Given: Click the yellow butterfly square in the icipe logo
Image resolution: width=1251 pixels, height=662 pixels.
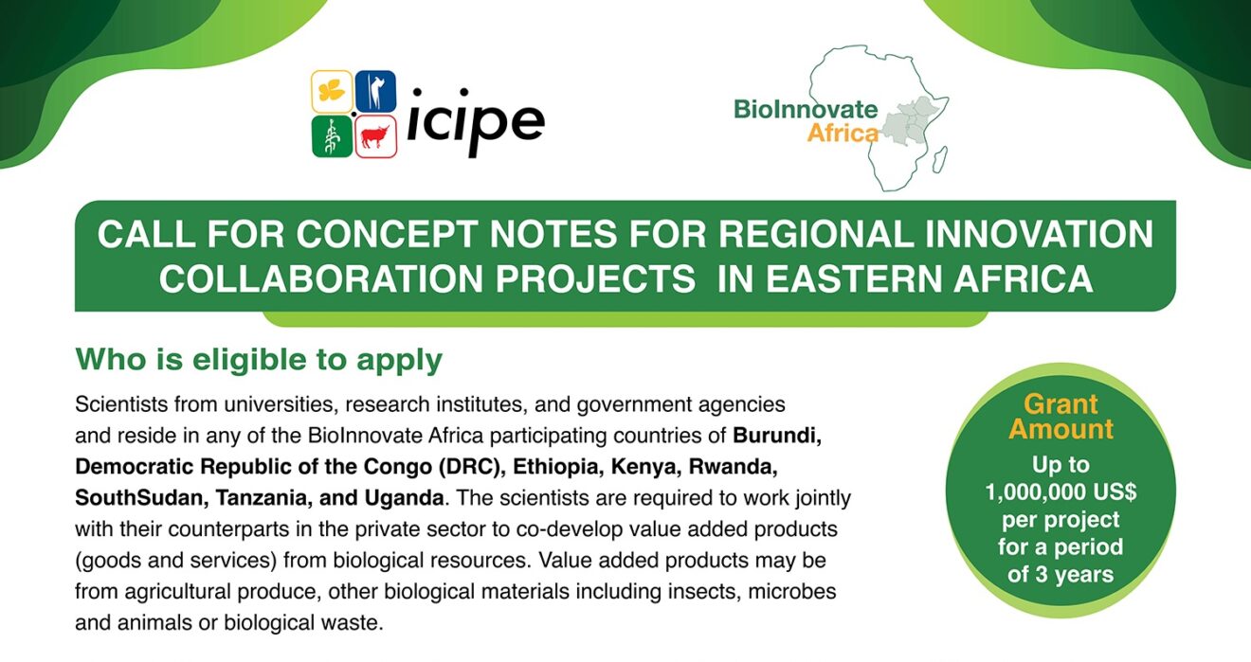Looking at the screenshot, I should [332, 91].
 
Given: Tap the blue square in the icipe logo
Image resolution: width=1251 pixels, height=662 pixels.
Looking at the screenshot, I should [375, 91].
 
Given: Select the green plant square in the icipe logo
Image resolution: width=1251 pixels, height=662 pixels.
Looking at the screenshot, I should [332, 136].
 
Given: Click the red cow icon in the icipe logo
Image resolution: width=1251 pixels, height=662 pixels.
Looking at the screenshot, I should [375, 136].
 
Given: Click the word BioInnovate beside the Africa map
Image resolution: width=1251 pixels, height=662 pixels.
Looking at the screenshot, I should [805, 109].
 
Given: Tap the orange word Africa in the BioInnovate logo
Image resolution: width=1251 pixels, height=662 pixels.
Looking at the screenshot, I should [843, 134].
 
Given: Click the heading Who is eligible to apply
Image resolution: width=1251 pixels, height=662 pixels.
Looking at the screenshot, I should [259, 360].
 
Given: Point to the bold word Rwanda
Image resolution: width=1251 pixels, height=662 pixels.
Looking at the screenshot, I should [725, 467].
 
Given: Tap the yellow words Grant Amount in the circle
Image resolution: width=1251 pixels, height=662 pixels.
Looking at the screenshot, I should [1061, 417].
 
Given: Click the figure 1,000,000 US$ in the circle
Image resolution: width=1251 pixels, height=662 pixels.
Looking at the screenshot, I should [1061, 492].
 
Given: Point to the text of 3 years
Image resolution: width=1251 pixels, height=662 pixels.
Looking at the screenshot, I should [1061, 574].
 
